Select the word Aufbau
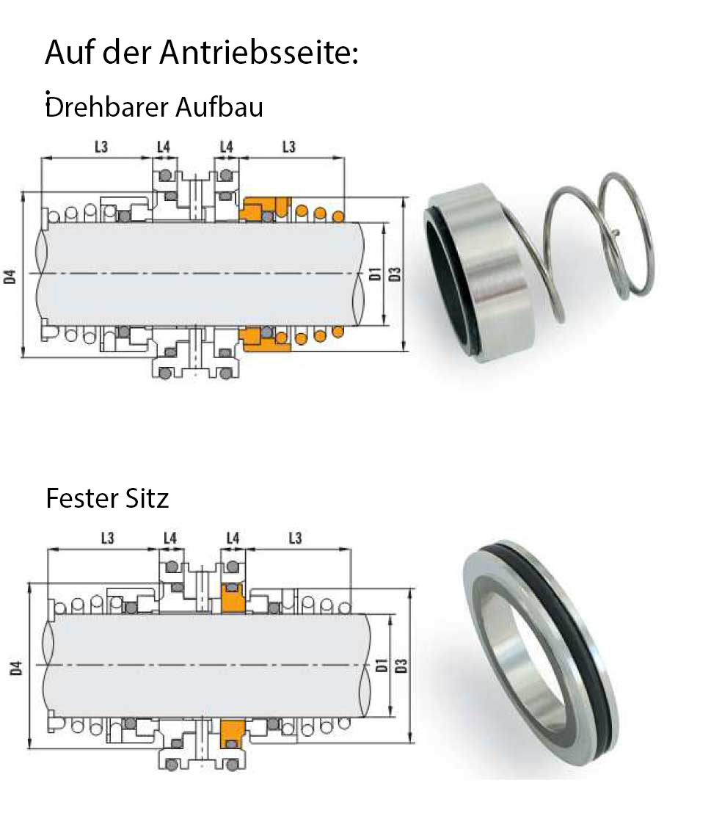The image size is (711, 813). click(x=219, y=107)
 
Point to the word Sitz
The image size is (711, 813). click(x=147, y=498)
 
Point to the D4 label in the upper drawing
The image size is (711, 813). click(x=10, y=277)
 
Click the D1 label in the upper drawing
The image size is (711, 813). click(x=375, y=274)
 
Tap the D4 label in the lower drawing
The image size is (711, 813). click(x=16, y=668)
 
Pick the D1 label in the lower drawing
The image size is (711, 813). click(x=381, y=666)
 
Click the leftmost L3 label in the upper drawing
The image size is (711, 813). click(x=101, y=147)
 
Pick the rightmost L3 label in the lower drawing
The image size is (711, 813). click(x=295, y=538)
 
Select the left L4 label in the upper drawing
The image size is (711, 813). click(x=164, y=147)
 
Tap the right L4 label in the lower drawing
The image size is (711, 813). click(x=233, y=538)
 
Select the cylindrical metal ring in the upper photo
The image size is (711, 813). click(x=480, y=272)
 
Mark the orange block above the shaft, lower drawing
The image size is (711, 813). click(x=233, y=598)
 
